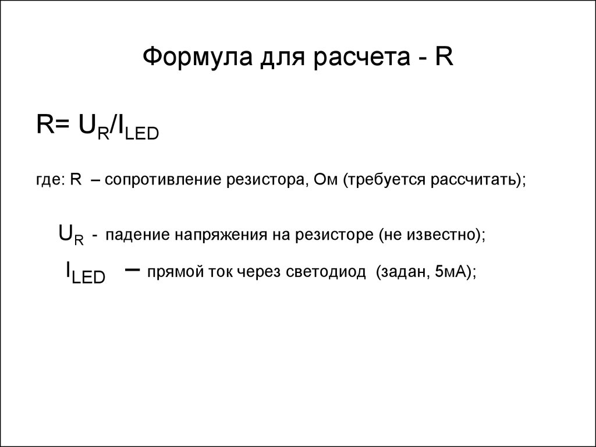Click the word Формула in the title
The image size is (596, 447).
198,56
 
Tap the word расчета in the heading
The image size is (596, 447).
362,58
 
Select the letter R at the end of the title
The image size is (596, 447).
444,56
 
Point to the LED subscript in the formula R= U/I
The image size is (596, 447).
141,134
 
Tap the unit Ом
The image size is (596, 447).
326,179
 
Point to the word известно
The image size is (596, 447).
442,235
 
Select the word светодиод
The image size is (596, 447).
326,272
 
